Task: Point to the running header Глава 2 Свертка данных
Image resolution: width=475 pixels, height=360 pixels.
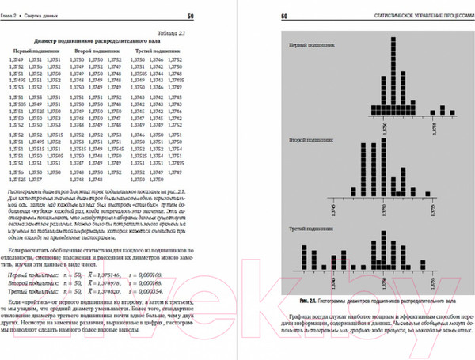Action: coord(36,16)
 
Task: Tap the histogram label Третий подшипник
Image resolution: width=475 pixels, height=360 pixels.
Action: coord(306,229)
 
